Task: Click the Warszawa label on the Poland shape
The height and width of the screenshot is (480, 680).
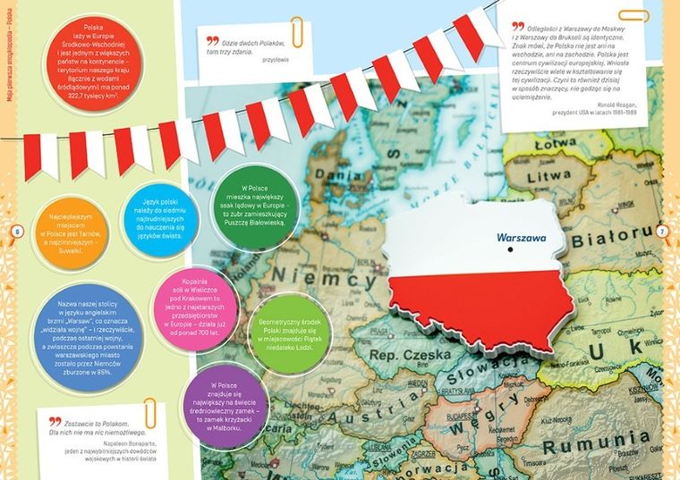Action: pyautogui.click(x=520, y=239)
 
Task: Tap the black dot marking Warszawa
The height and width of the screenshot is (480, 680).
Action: pyautogui.click(x=508, y=250)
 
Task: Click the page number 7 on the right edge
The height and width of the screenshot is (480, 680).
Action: pyautogui.click(x=662, y=232)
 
